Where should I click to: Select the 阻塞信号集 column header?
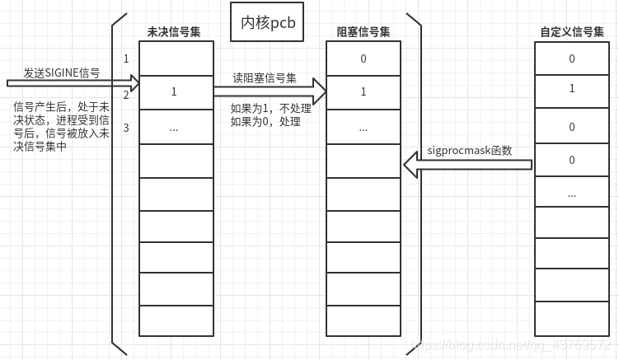(x=363, y=32)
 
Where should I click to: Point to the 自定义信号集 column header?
(x=572, y=32)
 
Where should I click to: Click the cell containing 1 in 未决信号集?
(x=174, y=92)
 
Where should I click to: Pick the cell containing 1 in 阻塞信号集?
(x=363, y=92)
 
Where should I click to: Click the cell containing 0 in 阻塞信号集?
(x=363, y=59)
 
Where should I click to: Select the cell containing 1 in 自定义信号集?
(x=572, y=89)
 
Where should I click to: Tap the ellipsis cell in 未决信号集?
(x=174, y=128)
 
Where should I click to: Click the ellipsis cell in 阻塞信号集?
(x=363, y=128)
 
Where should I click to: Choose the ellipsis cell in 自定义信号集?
(x=572, y=194)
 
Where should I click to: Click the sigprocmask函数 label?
(x=470, y=151)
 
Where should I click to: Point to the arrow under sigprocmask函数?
(x=467, y=166)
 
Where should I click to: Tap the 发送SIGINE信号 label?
(x=61, y=72)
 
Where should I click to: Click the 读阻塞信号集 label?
(x=265, y=78)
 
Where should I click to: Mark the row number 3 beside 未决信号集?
(x=126, y=128)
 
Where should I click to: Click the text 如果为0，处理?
(x=265, y=121)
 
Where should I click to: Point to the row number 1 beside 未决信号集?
(x=126, y=59)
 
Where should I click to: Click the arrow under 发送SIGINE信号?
(x=73, y=83)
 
